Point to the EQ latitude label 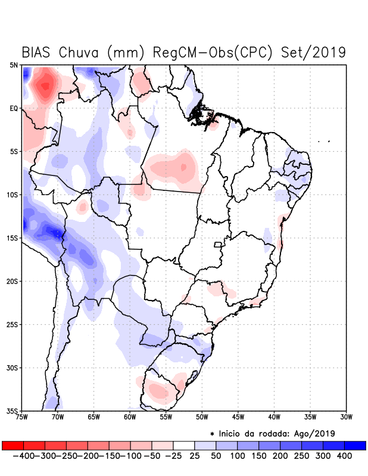(x=14, y=108)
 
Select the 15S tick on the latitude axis (x=13, y=238)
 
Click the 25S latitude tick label (x=13, y=324)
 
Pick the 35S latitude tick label (x=13, y=411)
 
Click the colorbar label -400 (x=23, y=455)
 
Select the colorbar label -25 (x=173, y=455)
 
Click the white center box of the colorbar (x=184, y=445)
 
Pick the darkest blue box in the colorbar (x=355, y=445)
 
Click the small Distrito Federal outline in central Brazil (x=218, y=244)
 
